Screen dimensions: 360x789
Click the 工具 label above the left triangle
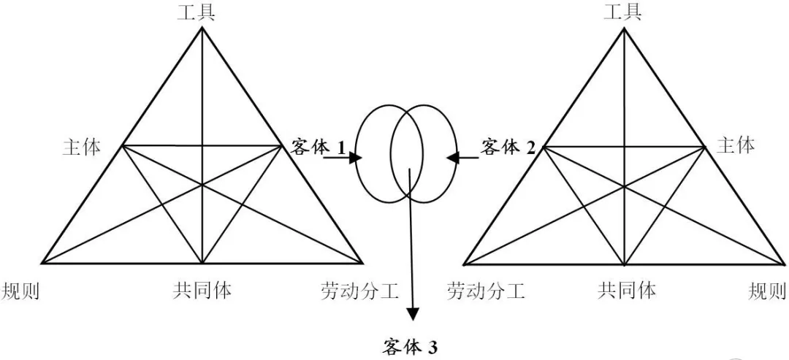pyautogui.click(x=197, y=12)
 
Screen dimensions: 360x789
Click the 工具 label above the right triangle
pyautogui.click(x=623, y=12)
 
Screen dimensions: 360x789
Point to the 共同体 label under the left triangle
pyautogui.click(x=202, y=290)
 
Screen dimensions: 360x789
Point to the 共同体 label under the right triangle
pyautogui.click(x=626, y=290)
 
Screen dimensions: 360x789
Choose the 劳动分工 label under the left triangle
pyautogui.click(x=359, y=291)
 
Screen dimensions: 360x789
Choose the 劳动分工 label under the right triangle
pyautogui.click(x=486, y=291)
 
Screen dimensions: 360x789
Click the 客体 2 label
pyautogui.click(x=508, y=147)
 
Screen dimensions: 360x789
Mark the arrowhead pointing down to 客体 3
pyautogui.click(x=413, y=313)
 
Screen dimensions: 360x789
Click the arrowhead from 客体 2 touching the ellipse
pyautogui.click(x=452, y=156)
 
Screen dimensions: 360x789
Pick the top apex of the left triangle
pyautogui.click(x=202, y=29)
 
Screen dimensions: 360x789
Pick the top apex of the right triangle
pyautogui.click(x=625, y=29)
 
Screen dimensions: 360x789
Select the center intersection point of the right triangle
pyautogui.click(x=625, y=186)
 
